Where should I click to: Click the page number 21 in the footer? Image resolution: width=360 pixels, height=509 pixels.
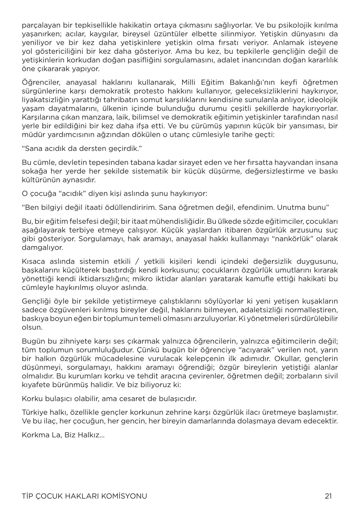328,496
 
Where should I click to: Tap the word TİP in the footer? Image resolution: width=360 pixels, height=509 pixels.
27,496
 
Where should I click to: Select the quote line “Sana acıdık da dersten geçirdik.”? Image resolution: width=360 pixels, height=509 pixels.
82,149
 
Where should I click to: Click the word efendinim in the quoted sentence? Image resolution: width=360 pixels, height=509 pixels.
257,207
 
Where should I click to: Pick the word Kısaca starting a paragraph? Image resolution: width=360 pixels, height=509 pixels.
34,261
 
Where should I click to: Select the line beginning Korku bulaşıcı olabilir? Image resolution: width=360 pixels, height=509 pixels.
109,398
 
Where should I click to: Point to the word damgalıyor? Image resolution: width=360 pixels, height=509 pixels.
42,248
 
